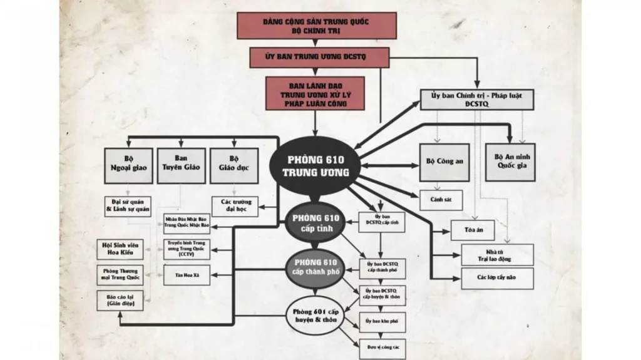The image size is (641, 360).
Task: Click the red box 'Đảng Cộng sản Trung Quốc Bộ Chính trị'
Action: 316,26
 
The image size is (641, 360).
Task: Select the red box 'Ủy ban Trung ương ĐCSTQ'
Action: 319,57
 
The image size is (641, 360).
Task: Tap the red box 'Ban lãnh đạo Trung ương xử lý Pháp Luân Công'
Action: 314,94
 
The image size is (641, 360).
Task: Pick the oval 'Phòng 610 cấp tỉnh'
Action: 315,223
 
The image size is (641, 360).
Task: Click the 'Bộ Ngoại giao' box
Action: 128,165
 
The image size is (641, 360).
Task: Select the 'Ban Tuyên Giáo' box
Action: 181,165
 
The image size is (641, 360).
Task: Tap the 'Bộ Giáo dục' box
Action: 234,165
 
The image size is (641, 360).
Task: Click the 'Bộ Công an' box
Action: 444,162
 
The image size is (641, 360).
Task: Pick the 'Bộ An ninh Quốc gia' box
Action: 510,162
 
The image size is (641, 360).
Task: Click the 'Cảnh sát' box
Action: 441,200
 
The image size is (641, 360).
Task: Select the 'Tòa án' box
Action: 473,230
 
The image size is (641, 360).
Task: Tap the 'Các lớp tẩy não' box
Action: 497,278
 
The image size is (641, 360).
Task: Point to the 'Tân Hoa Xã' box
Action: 187,275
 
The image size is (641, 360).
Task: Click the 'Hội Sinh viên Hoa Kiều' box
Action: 120,249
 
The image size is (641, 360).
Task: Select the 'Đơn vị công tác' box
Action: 381,345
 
